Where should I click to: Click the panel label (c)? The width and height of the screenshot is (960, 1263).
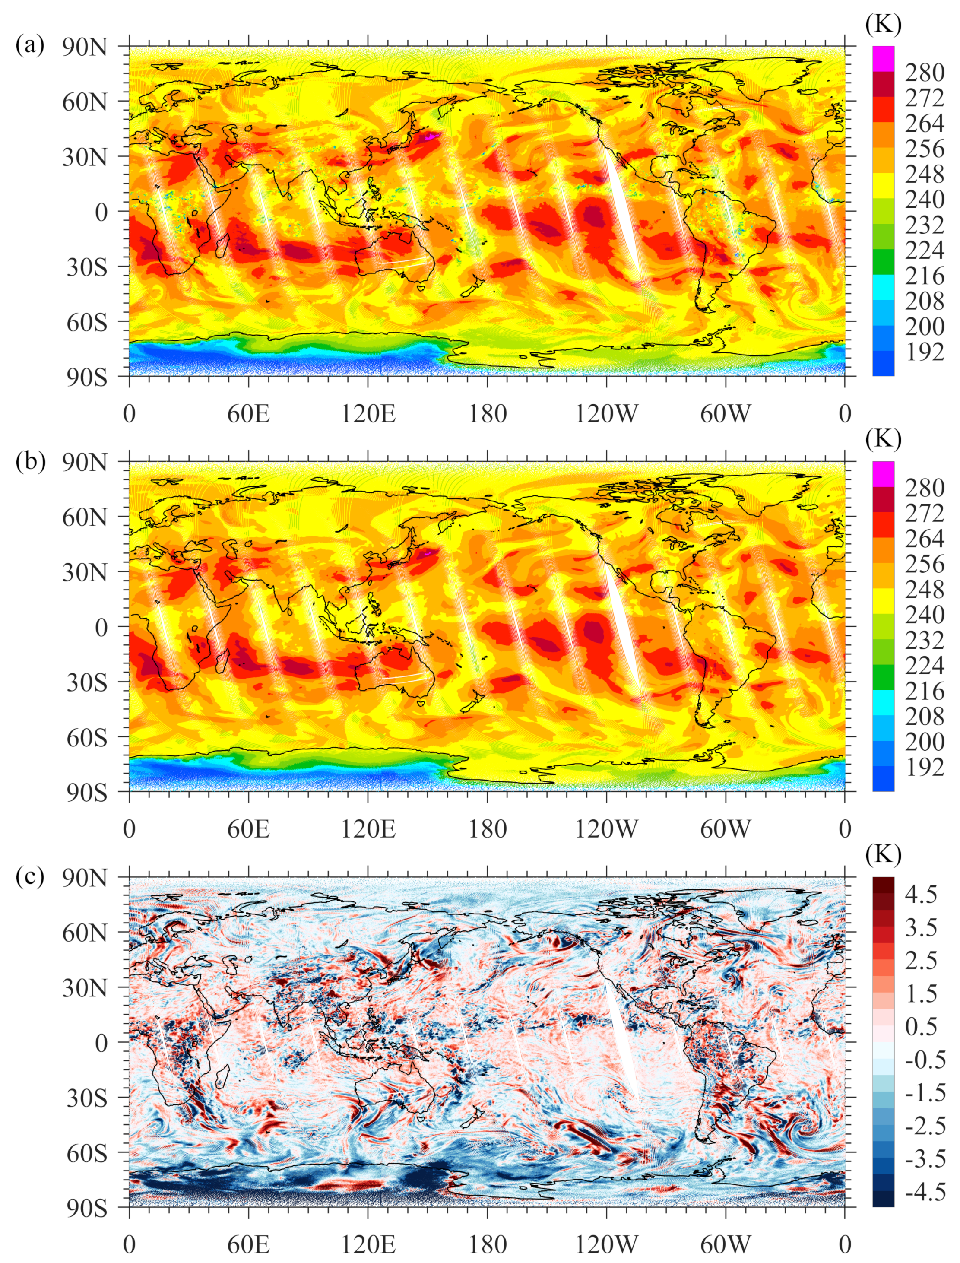[x=30, y=876]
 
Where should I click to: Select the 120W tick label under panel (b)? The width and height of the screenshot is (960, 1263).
[x=606, y=829]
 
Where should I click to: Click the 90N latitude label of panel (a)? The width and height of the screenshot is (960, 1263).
[x=85, y=48]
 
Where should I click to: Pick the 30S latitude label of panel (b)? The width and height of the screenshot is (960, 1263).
[x=86, y=682]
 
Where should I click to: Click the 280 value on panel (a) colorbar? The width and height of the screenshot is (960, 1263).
[x=924, y=73]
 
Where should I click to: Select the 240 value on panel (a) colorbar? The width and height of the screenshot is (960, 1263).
[x=924, y=200]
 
